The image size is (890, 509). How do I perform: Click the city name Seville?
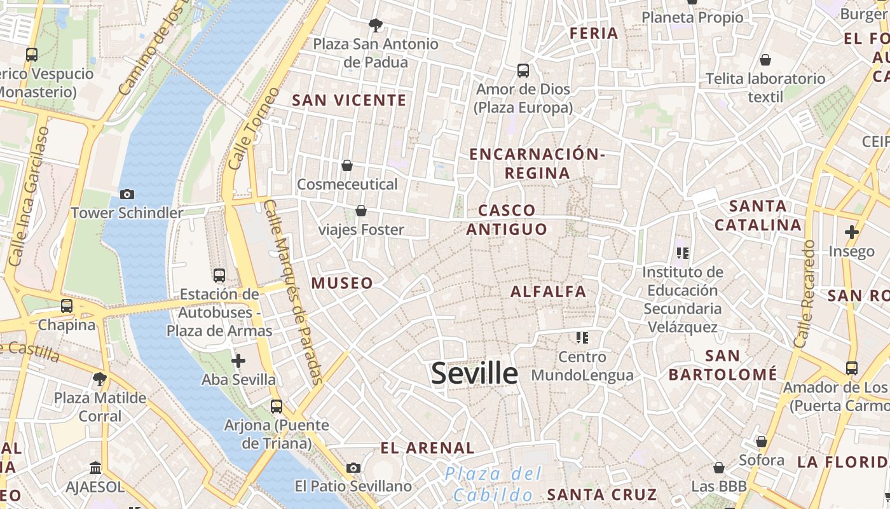pos(474,373)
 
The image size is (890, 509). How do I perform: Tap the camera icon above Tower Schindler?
pos(127,194)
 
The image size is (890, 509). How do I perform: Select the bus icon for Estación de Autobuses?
pos(219,275)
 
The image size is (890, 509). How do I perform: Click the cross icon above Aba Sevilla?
pos(238,361)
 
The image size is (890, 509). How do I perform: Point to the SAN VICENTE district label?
pos(348,100)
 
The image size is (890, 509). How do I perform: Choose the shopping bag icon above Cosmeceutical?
pos(347,165)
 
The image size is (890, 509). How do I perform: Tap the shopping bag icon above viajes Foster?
pos(361,211)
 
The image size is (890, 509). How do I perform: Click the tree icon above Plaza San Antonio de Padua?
pos(376,25)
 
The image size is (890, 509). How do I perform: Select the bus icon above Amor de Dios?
pos(523,70)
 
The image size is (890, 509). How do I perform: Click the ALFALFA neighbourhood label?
pos(549,291)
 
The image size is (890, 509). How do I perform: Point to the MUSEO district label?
pos(342,283)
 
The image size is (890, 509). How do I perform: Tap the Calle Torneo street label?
pos(253,129)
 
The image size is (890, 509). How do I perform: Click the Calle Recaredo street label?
pos(804,294)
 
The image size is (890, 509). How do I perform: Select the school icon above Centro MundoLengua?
pos(582,337)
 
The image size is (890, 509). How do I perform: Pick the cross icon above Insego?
pos(851,232)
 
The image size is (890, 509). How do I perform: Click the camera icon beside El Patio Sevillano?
pos(353,468)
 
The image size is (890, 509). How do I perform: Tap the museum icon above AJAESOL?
pos(95,468)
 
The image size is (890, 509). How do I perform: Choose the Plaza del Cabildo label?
pos(493,484)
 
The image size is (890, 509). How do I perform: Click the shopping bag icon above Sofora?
pos(761,442)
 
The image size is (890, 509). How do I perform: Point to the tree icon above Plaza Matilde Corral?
pos(99,379)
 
